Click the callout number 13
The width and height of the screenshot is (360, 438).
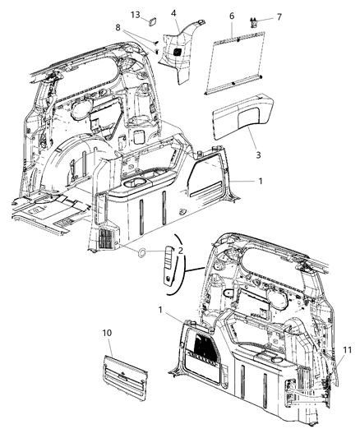pos(135,14)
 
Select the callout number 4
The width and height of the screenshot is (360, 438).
pos(173,13)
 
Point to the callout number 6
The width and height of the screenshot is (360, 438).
pos(232,16)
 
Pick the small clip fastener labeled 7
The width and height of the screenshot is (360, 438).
pos(254,25)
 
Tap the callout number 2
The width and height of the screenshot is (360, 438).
pos(181,249)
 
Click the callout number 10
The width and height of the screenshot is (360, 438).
pos(107,333)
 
